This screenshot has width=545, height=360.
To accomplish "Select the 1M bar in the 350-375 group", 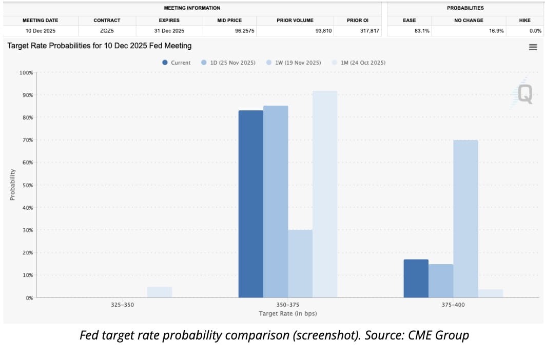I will click(x=325, y=194).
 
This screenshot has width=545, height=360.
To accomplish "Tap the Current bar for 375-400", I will click(x=416, y=278).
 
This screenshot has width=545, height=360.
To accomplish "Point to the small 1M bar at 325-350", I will click(x=160, y=292).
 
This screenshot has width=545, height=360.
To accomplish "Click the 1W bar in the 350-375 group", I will click(x=300, y=264).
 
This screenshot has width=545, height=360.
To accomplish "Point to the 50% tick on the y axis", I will click(x=26, y=185).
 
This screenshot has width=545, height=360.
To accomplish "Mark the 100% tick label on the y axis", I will click(x=26, y=73).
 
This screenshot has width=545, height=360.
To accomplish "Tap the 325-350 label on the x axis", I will click(x=122, y=305).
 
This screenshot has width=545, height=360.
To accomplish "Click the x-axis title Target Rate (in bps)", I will click(x=287, y=313).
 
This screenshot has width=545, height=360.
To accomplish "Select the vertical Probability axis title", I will click(x=13, y=185).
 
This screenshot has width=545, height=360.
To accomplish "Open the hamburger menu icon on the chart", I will click(x=533, y=47).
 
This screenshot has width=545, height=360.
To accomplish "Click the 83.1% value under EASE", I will click(x=409, y=31).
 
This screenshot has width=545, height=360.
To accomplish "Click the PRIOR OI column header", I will click(x=358, y=21).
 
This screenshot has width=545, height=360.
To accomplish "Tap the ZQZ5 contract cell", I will click(x=107, y=31).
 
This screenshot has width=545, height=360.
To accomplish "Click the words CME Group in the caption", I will click(x=443, y=336).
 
